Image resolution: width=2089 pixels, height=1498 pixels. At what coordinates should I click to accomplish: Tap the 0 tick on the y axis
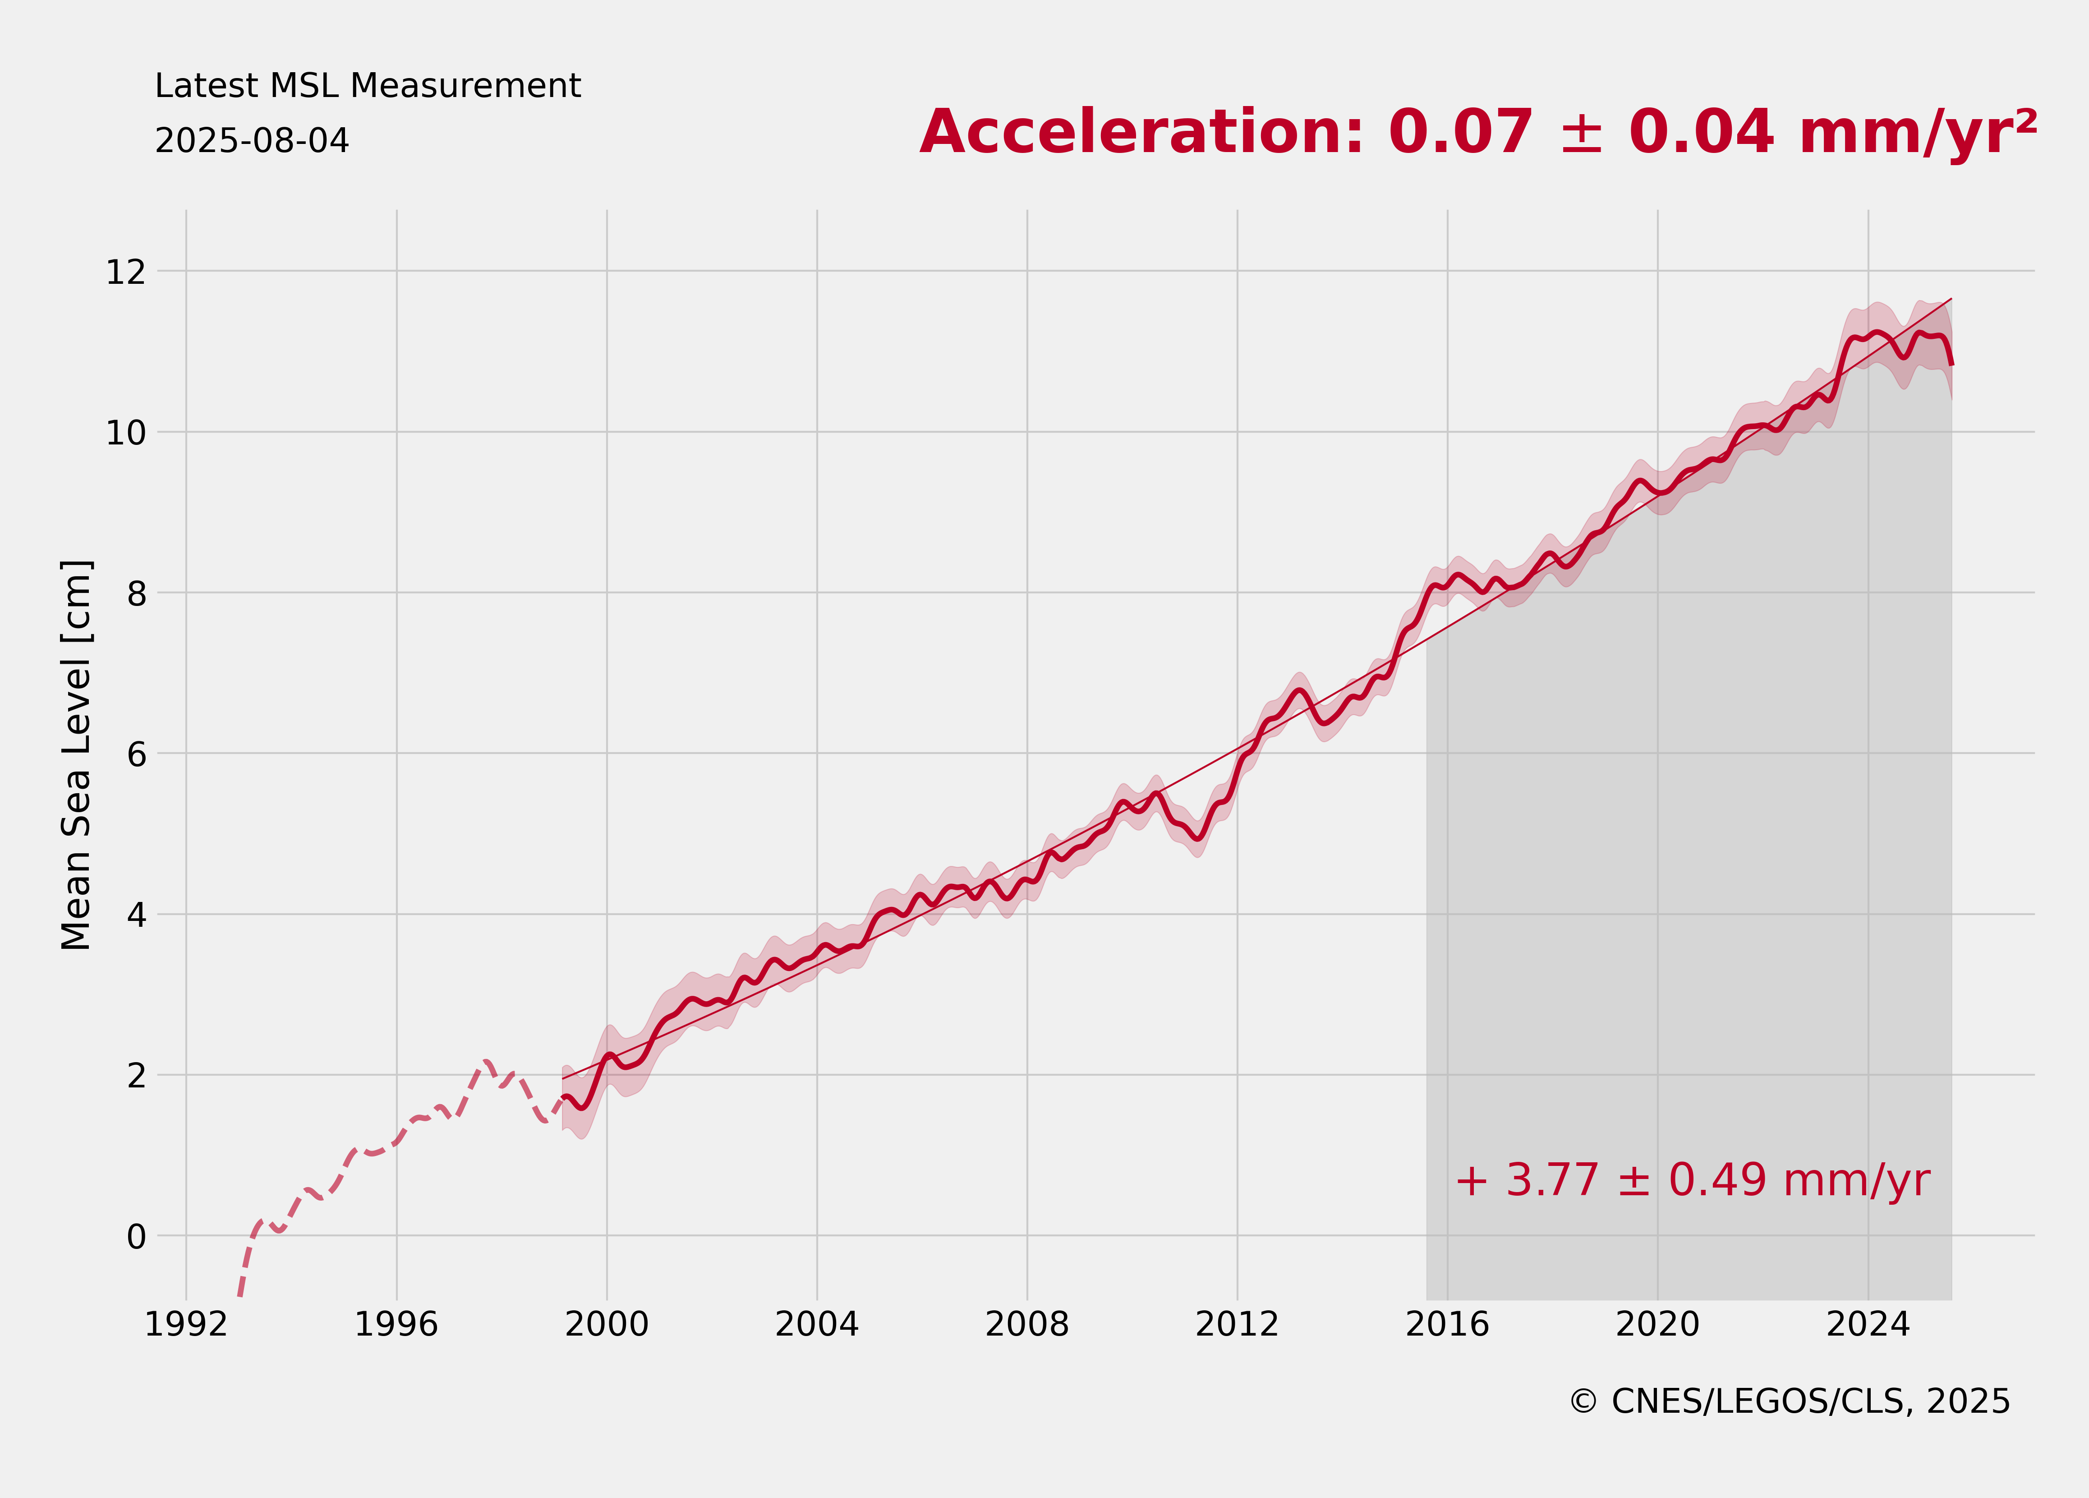[136, 1236]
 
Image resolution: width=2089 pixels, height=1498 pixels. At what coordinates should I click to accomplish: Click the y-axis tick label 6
[136, 754]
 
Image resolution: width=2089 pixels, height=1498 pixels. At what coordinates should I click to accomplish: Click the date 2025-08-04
[252, 141]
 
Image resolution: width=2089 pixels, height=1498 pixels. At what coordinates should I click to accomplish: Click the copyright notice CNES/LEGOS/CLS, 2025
[1790, 1401]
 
